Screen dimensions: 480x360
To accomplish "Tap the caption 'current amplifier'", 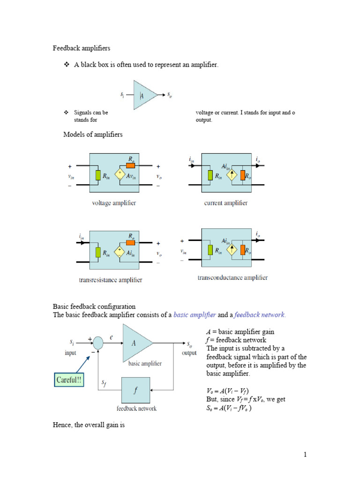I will pyautogui.click(x=226, y=203).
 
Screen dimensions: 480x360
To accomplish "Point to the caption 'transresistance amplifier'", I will pyautogui.click(x=111, y=280).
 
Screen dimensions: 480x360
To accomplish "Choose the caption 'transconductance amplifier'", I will pyautogui.click(x=232, y=277).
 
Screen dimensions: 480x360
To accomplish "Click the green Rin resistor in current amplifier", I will pyautogui.click(x=210, y=176).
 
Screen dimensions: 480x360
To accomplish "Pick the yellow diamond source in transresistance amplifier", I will pyautogui.click(x=120, y=253).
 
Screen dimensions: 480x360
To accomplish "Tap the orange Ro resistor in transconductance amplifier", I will pyautogui.click(x=243, y=250).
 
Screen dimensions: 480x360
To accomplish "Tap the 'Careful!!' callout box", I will pyautogui.click(x=68, y=380).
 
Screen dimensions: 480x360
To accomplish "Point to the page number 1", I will pyautogui.click(x=304, y=454).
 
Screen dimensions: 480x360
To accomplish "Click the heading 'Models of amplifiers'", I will pyautogui.click(x=93, y=135).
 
